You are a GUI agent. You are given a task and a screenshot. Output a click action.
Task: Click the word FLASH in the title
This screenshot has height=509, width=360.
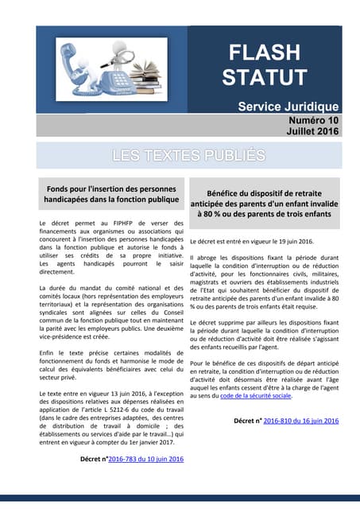click(264, 52)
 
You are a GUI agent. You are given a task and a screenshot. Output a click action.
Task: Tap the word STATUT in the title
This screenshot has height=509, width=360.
click(264, 77)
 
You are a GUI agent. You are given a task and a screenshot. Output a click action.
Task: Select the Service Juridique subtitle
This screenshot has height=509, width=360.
click(288, 107)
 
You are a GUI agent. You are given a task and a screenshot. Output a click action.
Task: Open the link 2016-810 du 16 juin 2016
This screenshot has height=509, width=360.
click(301, 421)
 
